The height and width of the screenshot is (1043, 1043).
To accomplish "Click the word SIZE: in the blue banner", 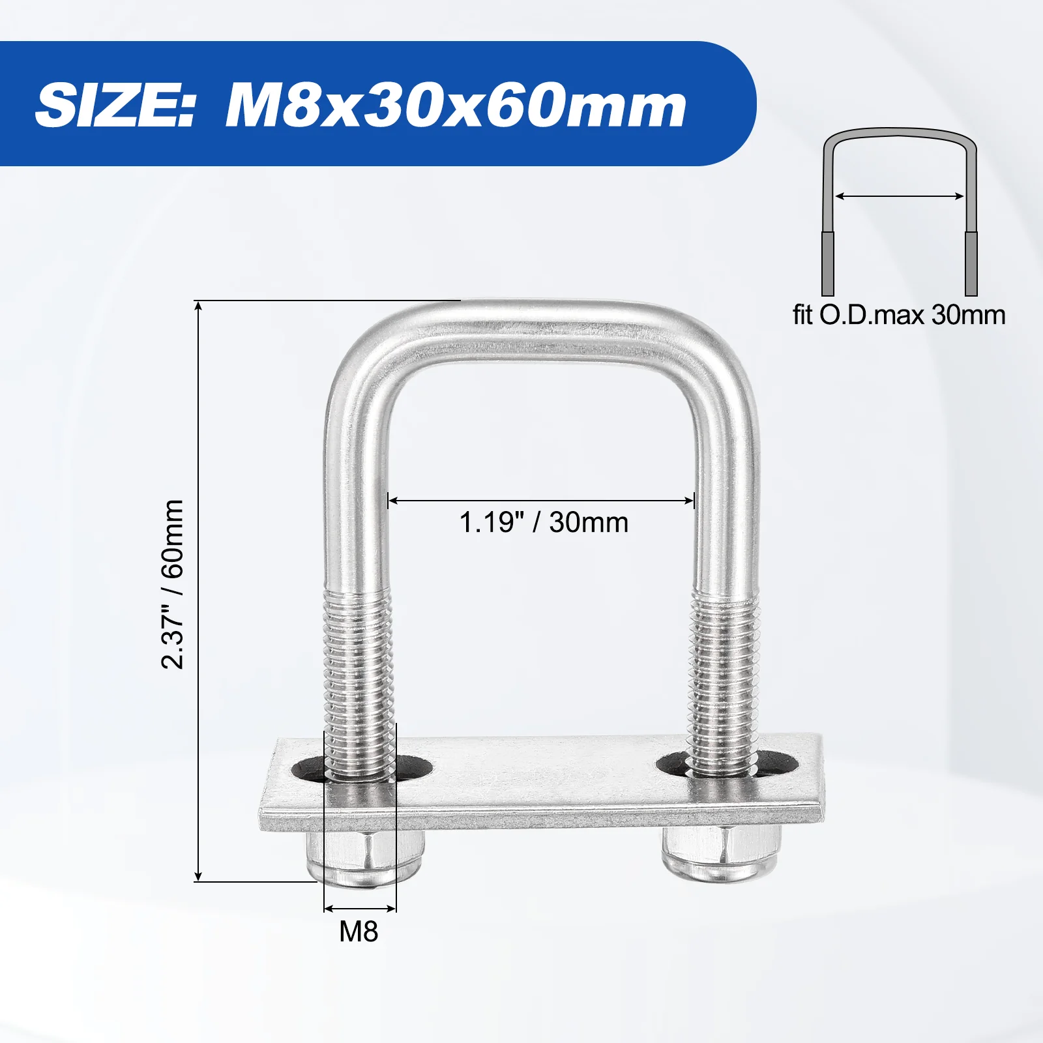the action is [x=115, y=105].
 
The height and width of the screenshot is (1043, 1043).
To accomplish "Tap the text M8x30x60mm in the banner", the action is [x=455, y=105].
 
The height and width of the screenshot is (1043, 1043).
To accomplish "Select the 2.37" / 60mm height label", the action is [x=173, y=585].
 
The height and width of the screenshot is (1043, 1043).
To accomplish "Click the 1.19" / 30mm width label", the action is [x=544, y=522].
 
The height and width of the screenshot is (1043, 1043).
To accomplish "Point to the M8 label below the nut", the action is [x=359, y=932].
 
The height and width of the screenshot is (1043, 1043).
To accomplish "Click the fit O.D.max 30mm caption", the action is [x=899, y=315].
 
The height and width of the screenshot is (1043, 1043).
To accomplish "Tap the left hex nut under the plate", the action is [x=366, y=855].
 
